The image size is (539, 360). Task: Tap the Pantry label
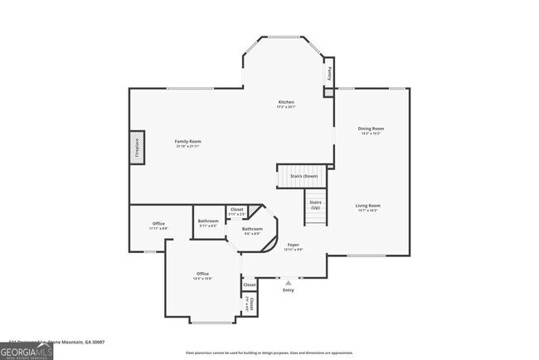[x=329, y=72]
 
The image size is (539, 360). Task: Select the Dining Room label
[x=371, y=129]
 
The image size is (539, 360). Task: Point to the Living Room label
[x=367, y=205]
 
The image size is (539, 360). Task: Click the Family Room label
[x=188, y=142]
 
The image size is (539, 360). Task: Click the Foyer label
[x=294, y=245]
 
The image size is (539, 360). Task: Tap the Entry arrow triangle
[x=289, y=283]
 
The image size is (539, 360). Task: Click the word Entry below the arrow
[x=289, y=290]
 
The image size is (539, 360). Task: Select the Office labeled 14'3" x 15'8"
[x=202, y=274]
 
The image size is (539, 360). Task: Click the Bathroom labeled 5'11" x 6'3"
[x=208, y=221]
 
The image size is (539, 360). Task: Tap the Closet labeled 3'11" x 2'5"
[x=236, y=211]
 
